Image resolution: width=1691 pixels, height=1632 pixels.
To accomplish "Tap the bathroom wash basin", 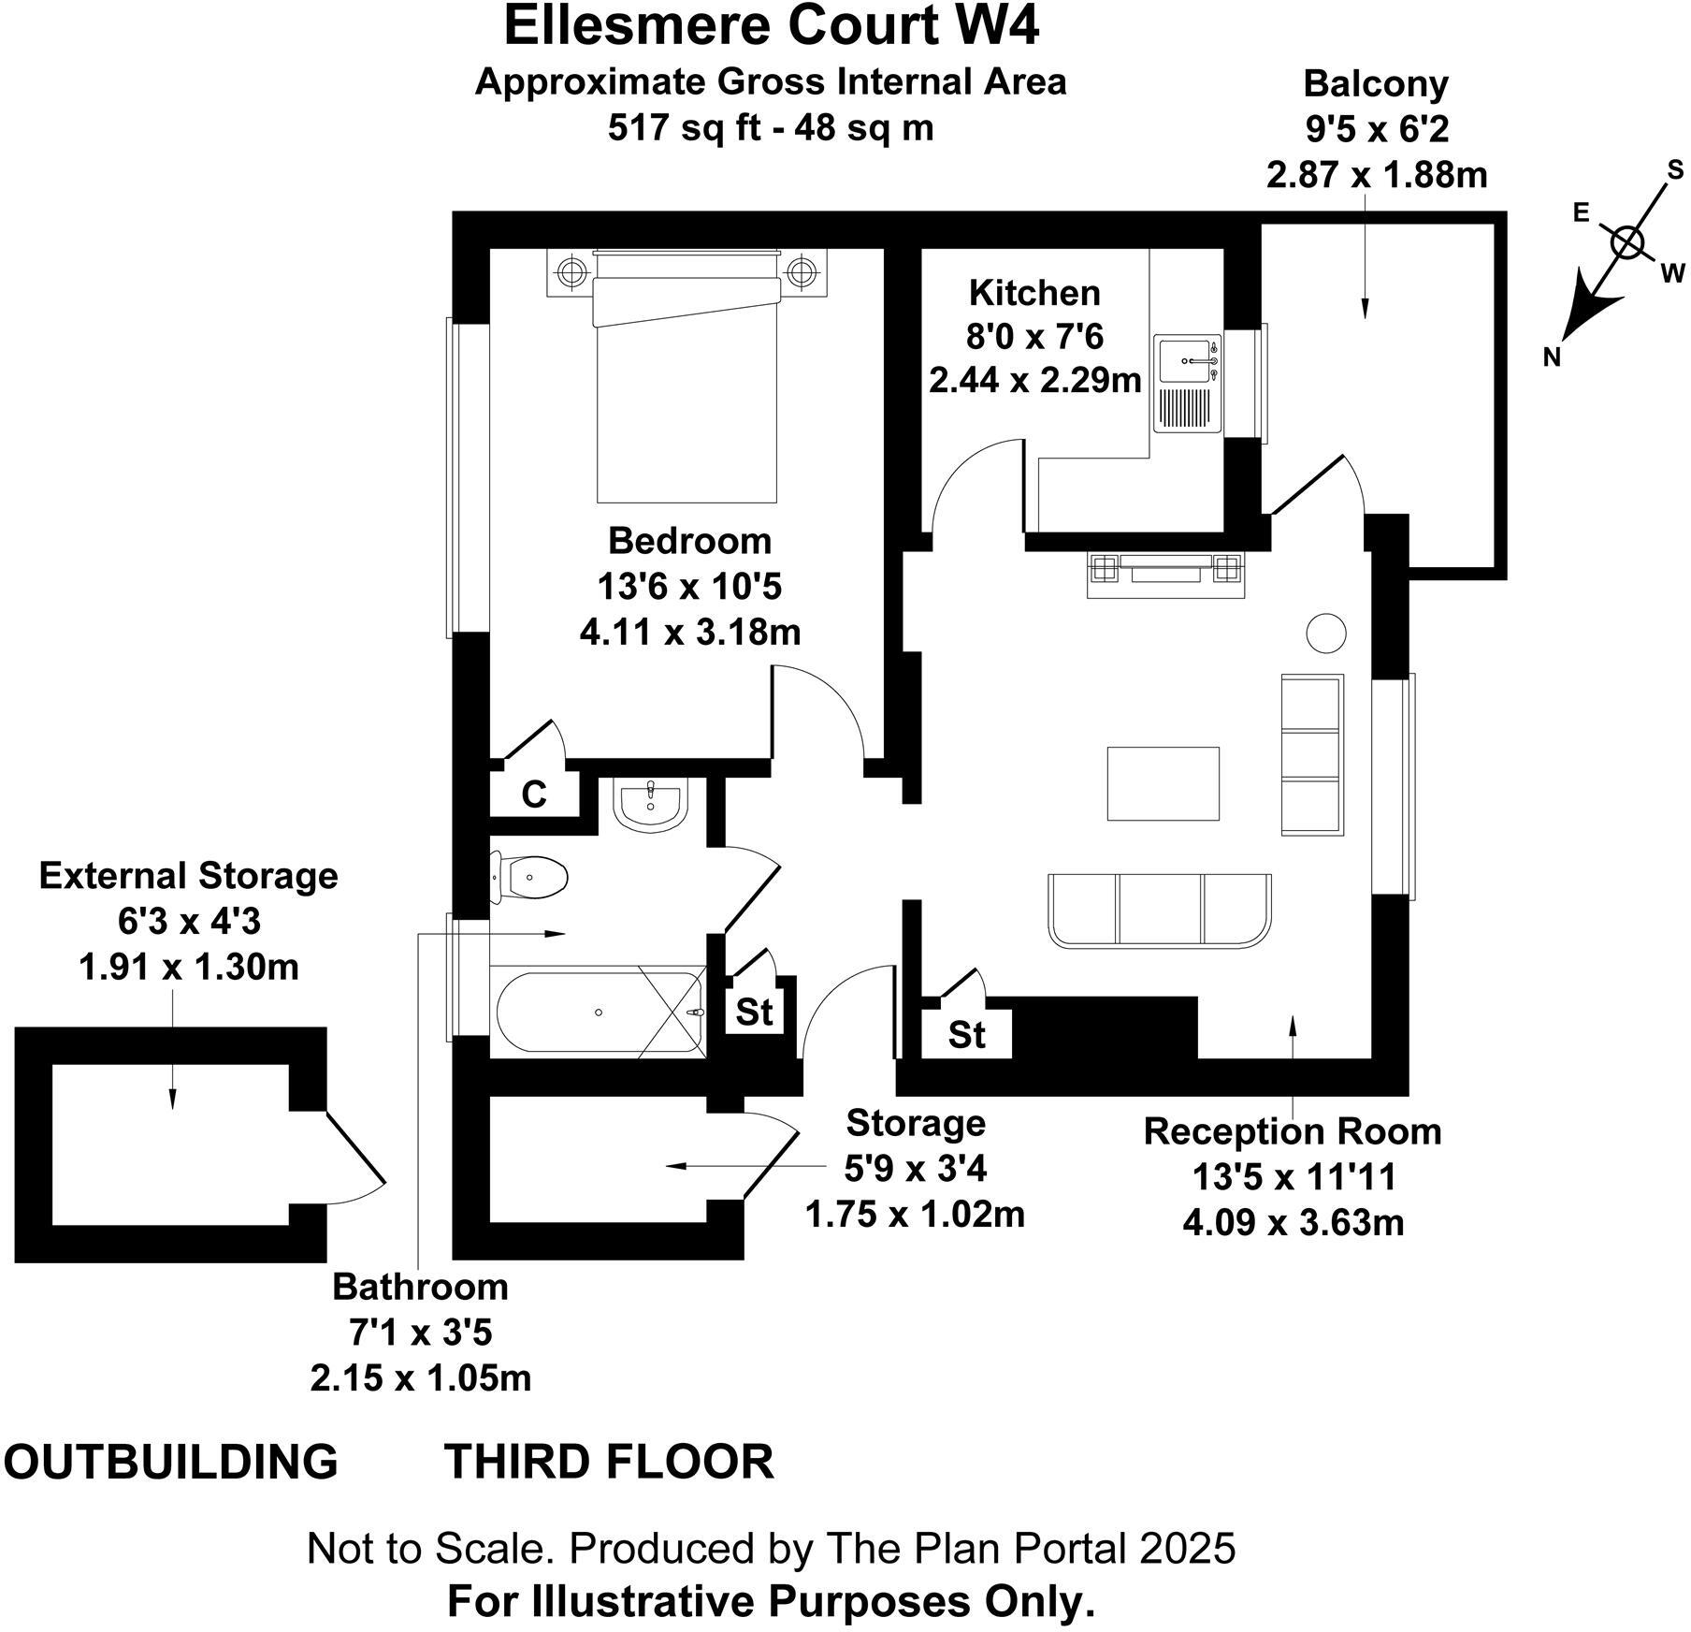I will point(651,805).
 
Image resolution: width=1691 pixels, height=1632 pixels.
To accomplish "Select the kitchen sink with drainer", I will point(1188,384).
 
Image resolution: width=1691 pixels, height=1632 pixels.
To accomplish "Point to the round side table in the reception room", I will point(1325,634).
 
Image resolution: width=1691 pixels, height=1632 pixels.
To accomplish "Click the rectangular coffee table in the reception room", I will point(1163,783).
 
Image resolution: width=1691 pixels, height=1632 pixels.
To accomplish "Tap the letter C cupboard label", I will point(534,794).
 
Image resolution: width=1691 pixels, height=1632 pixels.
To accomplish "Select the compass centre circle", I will point(1628,242).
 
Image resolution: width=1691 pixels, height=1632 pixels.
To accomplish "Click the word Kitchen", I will point(1034,293).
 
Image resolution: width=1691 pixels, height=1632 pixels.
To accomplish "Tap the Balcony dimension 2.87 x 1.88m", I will point(1377,175).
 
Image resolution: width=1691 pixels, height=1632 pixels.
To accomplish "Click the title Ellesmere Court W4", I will point(771,26).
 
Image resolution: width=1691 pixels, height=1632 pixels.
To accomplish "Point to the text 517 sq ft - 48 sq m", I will point(771,127).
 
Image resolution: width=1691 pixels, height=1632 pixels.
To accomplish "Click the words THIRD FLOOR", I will point(609,1462).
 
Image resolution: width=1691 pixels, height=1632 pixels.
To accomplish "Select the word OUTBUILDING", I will point(171,1462).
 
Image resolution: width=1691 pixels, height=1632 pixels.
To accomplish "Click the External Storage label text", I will point(188,876).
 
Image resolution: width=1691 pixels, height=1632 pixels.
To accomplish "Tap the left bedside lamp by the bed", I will point(570,272).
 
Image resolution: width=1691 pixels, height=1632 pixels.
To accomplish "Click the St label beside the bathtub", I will point(754,1012).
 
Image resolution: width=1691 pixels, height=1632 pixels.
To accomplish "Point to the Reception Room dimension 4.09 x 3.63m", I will point(1293,1223).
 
